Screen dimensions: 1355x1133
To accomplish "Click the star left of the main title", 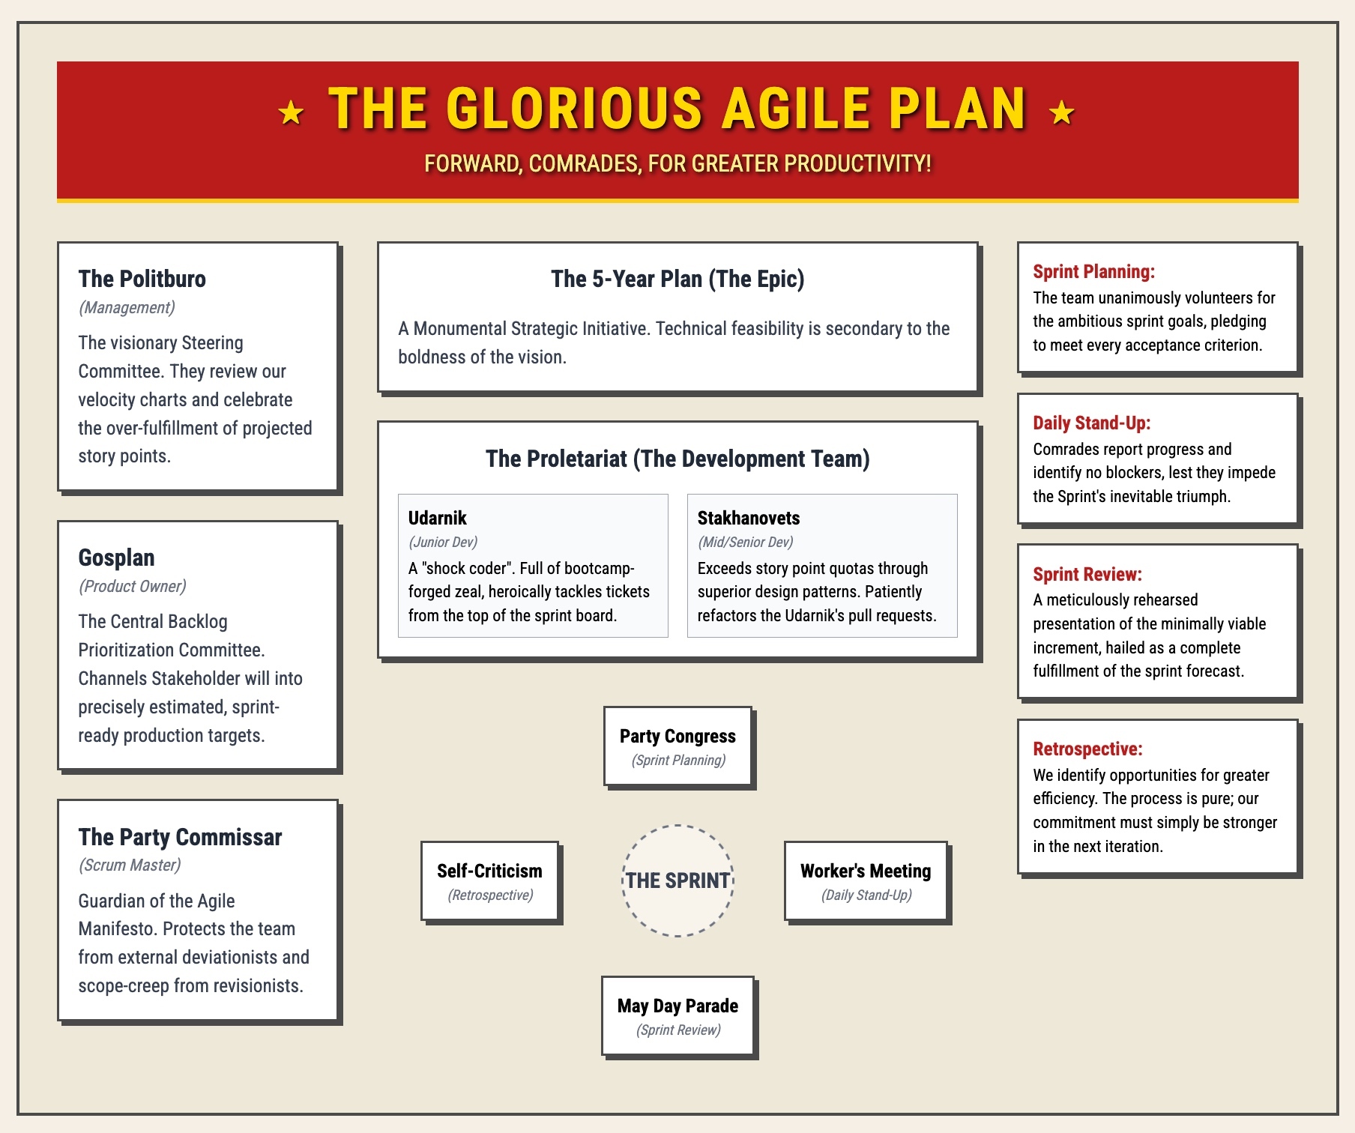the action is (x=291, y=113).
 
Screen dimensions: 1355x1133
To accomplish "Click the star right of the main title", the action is (x=1062, y=113).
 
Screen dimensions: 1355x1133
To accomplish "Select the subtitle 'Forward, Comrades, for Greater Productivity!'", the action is (x=677, y=163).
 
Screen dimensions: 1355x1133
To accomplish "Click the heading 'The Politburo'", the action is (x=142, y=279).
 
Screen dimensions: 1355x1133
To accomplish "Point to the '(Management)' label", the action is (x=127, y=307).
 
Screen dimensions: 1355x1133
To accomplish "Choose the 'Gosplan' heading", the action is (x=116, y=558).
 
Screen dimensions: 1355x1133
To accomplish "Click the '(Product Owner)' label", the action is (x=132, y=586).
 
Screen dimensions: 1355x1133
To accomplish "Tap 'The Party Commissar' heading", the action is (x=180, y=837).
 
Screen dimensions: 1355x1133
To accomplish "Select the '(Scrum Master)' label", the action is (x=130, y=865).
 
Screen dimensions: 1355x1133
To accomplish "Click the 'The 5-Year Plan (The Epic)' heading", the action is (x=677, y=279).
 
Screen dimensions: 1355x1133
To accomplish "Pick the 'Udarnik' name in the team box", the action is (x=437, y=518).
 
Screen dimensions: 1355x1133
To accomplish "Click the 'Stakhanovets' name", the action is (x=749, y=518).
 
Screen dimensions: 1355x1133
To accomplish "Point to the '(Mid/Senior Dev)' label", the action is (x=745, y=542).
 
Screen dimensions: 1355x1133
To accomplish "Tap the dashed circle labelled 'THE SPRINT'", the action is (x=677, y=826).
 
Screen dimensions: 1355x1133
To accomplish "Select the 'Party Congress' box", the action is (x=677, y=746).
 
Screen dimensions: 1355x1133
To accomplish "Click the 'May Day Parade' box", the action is (x=677, y=1016).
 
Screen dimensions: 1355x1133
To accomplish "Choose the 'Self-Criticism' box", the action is (x=490, y=881).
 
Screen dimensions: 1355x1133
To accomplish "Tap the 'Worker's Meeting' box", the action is (x=866, y=881).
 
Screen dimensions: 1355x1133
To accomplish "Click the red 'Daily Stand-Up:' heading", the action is (x=1091, y=423).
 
